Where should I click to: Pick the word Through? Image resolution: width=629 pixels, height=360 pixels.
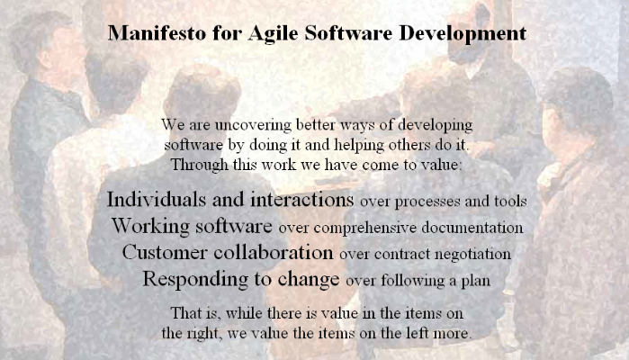click(x=200, y=165)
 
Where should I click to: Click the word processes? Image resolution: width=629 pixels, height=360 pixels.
click(x=429, y=201)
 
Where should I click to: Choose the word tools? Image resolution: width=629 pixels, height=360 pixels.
click(x=510, y=201)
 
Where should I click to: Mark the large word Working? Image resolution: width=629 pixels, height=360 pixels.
click(x=148, y=225)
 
